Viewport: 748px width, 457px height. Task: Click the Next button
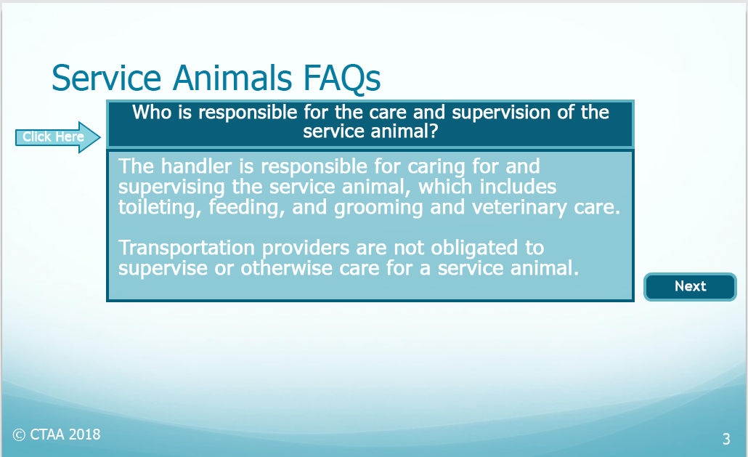click(x=690, y=287)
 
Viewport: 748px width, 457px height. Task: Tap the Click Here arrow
click(x=57, y=137)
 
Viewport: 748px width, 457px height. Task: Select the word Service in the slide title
click(x=106, y=78)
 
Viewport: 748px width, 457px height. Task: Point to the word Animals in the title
click(x=232, y=78)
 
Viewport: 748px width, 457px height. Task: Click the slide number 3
click(x=726, y=439)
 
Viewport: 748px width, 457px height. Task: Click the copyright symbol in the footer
click(x=19, y=435)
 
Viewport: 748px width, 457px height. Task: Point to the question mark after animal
click(x=433, y=132)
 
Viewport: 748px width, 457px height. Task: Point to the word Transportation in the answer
click(x=187, y=248)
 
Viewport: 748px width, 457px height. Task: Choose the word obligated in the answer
click(x=474, y=248)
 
